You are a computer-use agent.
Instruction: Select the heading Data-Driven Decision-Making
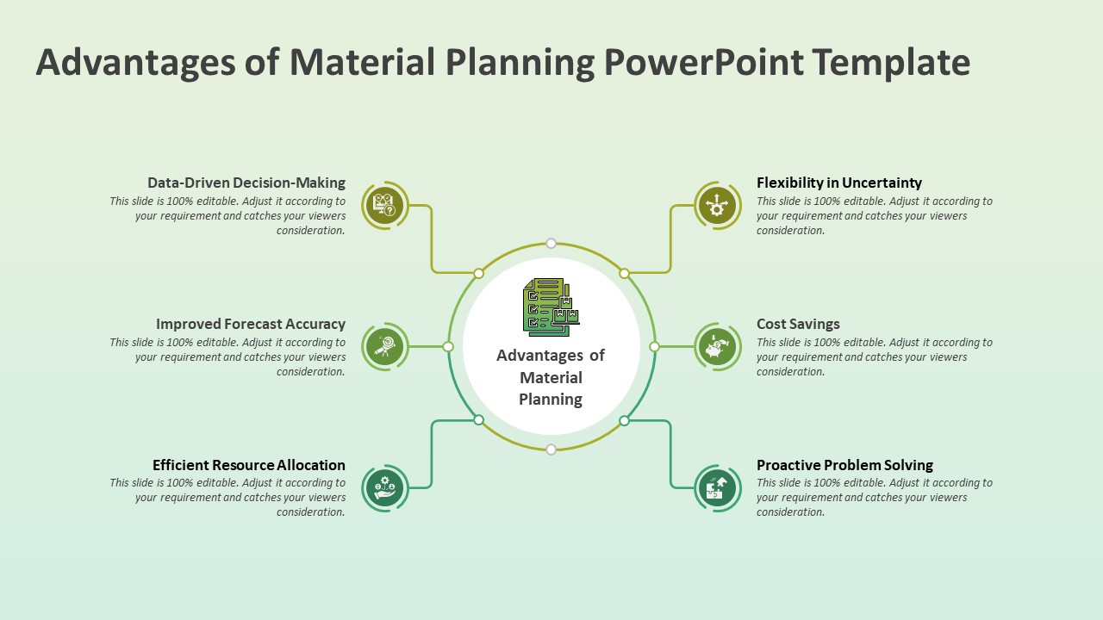point(246,183)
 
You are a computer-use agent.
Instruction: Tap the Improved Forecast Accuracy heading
point(250,324)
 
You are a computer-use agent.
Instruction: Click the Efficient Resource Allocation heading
point(248,465)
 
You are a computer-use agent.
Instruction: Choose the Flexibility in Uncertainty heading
point(838,183)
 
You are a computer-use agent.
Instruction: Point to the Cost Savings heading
point(798,324)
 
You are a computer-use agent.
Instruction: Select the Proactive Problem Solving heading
point(844,465)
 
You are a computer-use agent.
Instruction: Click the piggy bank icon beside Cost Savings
point(718,347)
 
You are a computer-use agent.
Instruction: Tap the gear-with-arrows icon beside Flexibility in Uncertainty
point(718,206)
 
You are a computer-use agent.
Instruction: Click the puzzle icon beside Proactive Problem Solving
point(718,488)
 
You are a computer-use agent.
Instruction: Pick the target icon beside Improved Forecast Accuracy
point(384,347)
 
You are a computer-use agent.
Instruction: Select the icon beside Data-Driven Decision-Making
point(384,206)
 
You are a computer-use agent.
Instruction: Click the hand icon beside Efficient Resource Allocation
point(384,488)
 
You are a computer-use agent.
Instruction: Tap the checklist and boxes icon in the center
point(551,307)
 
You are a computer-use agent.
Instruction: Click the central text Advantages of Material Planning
point(551,377)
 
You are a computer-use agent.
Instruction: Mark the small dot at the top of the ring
point(551,244)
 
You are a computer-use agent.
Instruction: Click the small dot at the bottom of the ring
point(551,449)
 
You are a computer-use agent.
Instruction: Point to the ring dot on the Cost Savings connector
point(654,347)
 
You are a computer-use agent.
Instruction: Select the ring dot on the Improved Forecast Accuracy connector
point(448,347)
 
